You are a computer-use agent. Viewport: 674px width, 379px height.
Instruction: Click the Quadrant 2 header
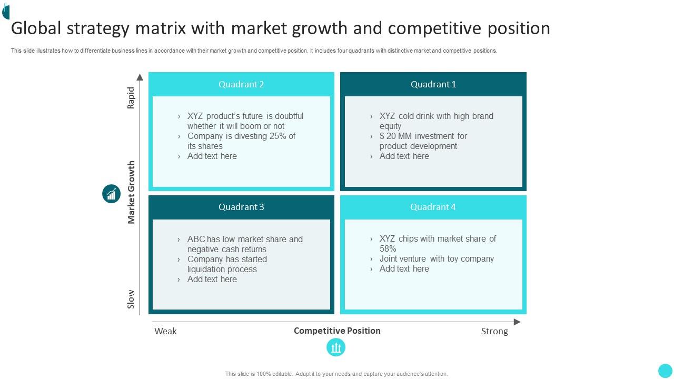[241, 84]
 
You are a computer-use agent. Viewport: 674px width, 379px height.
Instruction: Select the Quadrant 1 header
[433, 84]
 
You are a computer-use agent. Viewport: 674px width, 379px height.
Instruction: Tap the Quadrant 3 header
[241, 207]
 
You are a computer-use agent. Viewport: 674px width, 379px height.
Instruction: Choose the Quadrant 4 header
[433, 207]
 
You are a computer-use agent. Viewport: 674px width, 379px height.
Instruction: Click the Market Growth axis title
[131, 192]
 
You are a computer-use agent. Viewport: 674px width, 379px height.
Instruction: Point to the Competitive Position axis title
[337, 331]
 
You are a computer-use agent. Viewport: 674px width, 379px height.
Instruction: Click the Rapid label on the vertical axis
[131, 98]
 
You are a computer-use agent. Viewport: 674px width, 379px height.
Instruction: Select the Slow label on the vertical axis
[131, 299]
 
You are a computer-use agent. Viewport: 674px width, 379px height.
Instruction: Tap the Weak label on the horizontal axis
[165, 331]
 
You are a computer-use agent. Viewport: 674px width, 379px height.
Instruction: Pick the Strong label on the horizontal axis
[494, 331]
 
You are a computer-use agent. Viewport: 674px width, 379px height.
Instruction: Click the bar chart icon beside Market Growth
[111, 194]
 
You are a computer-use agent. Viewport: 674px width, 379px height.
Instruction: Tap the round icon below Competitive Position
[336, 347]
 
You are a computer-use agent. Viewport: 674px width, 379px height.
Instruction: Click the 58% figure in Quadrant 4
[388, 248]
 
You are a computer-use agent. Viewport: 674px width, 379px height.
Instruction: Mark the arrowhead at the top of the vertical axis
[140, 77]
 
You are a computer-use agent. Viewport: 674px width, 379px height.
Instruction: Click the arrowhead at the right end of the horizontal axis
[517, 322]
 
